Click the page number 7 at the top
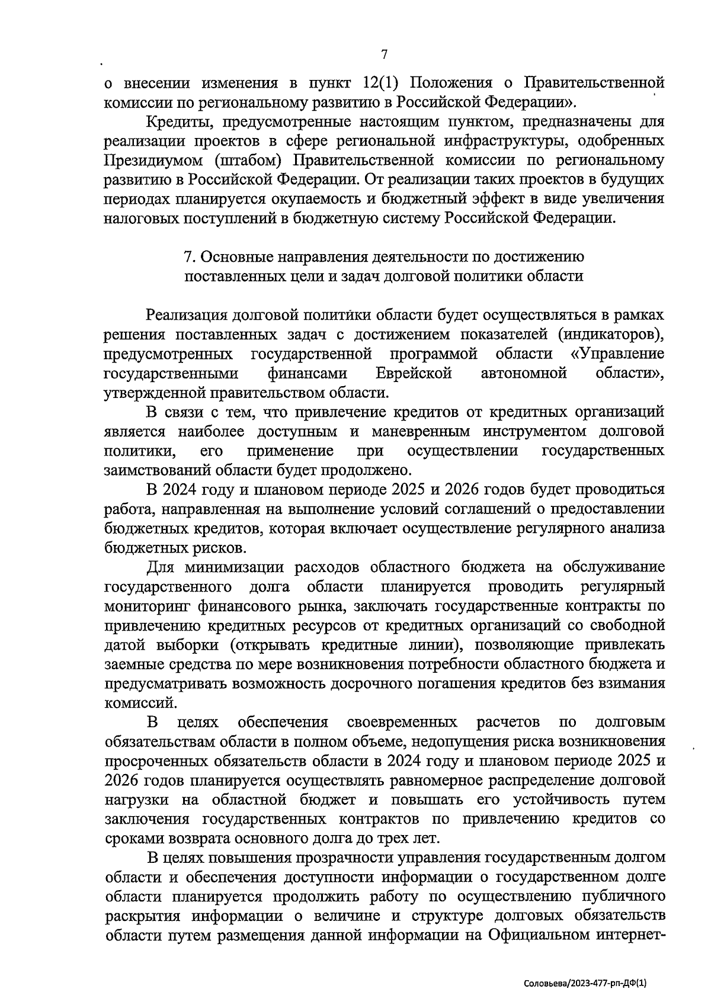pos(384,54)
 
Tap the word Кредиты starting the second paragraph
pos(175,122)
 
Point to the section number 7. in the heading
pos(190,257)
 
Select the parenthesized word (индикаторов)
pos(611,335)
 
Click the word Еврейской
pos(414,373)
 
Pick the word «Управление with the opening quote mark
pos(617,354)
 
